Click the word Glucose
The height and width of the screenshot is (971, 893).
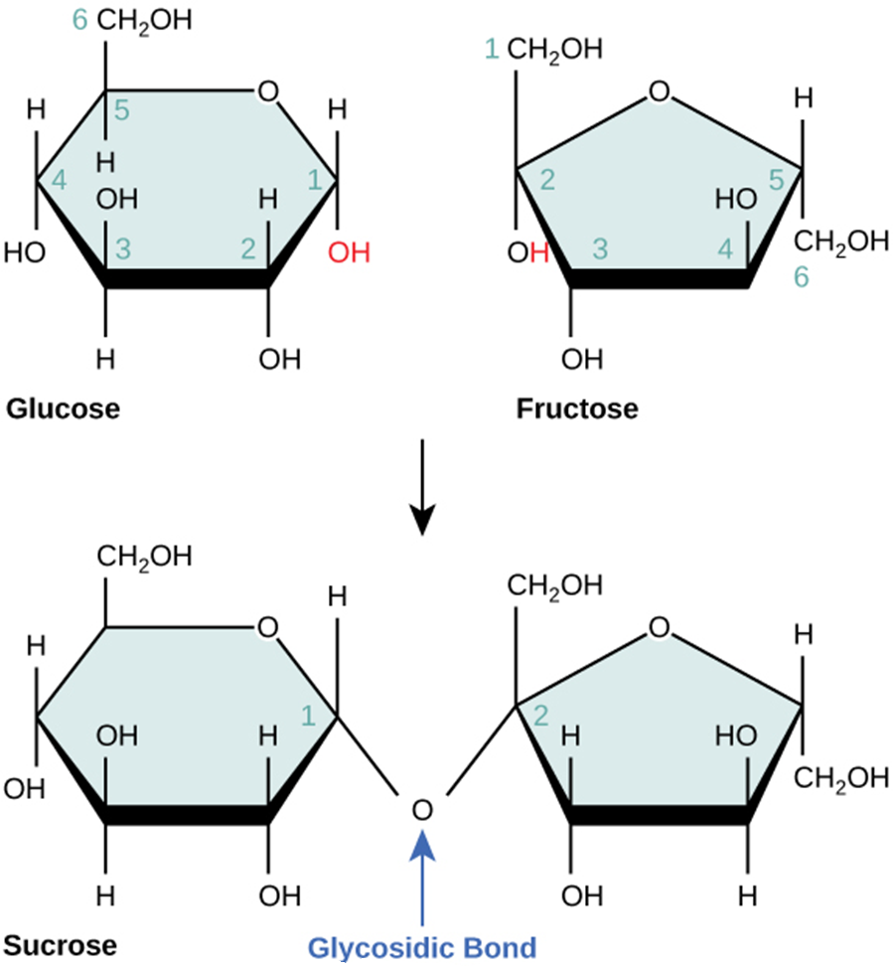63,408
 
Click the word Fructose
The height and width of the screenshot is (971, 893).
576,408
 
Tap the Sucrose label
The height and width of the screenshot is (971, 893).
61,943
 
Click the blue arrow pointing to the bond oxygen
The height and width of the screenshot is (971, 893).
423,875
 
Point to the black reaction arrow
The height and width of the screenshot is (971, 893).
423,487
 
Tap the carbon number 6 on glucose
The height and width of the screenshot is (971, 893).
80,19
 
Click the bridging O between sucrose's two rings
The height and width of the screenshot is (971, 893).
423,809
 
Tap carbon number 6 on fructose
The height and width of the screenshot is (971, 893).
802,279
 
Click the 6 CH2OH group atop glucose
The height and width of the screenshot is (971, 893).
144,20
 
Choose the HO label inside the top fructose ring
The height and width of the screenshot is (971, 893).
737,201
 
